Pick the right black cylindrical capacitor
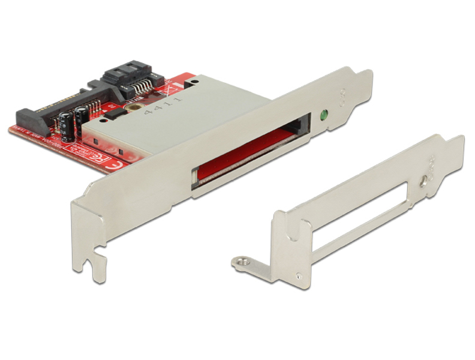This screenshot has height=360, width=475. point(79,118)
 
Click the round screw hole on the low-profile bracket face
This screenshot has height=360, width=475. point(425,179)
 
